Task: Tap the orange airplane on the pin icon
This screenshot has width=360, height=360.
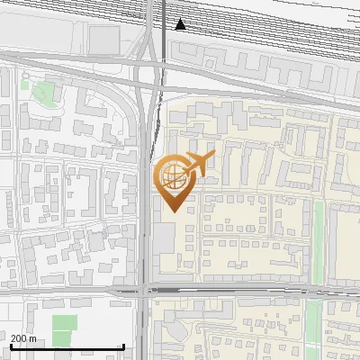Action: pos(198,165)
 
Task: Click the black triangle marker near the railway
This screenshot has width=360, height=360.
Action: pos(181,24)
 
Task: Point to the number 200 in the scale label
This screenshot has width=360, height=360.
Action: pos(18,338)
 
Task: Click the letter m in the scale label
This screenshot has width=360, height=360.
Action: pos(33,338)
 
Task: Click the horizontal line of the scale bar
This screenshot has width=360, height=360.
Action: pos(67,346)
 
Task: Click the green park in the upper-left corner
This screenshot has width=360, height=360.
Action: pos(42,90)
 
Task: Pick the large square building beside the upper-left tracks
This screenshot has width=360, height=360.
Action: pos(104,39)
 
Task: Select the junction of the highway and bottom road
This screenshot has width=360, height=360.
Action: pos(146,290)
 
